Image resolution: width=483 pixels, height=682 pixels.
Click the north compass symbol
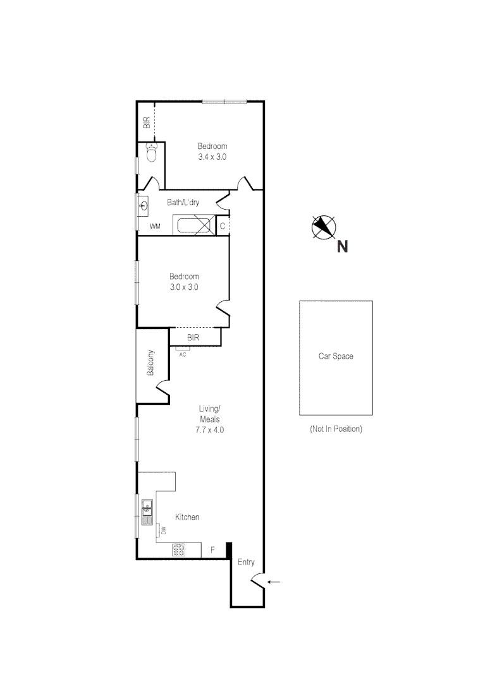(324, 227)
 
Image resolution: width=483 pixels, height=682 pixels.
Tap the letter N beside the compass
(342, 247)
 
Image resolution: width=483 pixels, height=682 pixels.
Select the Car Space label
(335, 356)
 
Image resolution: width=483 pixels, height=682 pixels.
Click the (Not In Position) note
(336, 429)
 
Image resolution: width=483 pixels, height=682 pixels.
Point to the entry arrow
(273, 582)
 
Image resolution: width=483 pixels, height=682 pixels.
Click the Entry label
(245, 562)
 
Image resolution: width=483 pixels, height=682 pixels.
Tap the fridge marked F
(212, 550)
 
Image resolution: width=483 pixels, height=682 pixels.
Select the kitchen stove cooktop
(179, 550)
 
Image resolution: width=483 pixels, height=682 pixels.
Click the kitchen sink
(147, 508)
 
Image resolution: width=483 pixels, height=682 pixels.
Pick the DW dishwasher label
(162, 531)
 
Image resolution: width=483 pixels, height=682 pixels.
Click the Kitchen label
(187, 517)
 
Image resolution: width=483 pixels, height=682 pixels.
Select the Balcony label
(151, 363)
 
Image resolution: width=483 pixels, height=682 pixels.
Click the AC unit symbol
(183, 348)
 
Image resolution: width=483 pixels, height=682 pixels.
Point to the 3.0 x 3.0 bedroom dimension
(184, 287)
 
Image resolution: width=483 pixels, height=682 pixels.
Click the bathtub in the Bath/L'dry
(194, 225)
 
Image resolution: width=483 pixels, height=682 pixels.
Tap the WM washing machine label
(154, 226)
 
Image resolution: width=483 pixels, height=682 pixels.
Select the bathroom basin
(144, 205)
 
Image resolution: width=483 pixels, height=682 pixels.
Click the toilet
(151, 153)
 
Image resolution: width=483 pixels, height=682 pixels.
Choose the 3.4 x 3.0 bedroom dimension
(212, 157)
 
